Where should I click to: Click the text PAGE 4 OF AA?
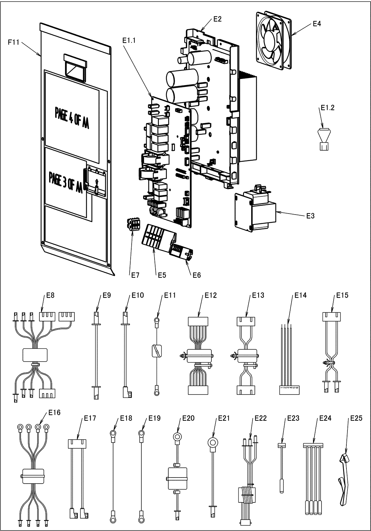point(72,114)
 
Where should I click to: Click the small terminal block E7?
point(133,224)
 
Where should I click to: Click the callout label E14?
point(300,295)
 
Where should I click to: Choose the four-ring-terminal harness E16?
point(33,474)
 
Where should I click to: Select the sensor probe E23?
point(282,467)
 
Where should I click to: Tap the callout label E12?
point(211,295)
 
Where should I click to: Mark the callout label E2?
point(217,19)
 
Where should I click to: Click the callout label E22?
point(260,418)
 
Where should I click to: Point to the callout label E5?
point(162,275)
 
